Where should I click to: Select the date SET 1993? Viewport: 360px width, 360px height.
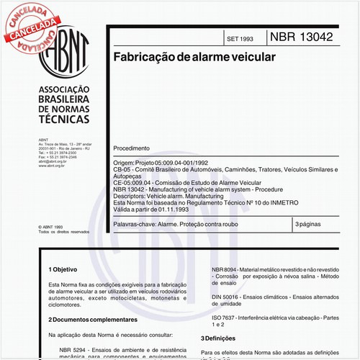[240, 37]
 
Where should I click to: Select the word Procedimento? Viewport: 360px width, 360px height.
[132, 148]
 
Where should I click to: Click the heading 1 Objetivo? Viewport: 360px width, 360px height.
[63, 269]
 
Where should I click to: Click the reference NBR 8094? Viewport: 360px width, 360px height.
[227, 269]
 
